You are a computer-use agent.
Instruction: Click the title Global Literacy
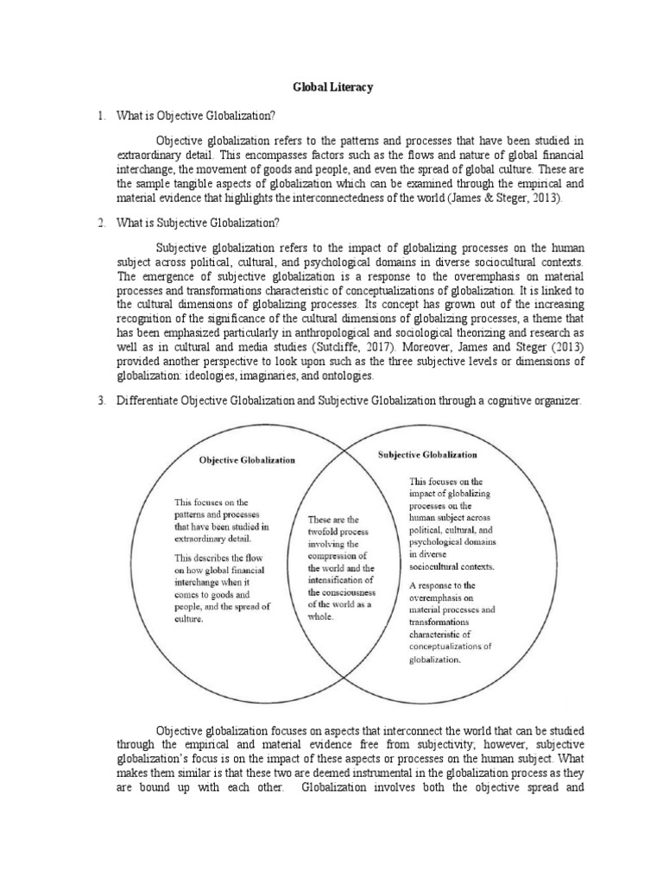[331, 87]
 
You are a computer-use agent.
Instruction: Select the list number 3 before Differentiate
[101, 401]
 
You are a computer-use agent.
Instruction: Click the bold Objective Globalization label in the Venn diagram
[247, 461]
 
